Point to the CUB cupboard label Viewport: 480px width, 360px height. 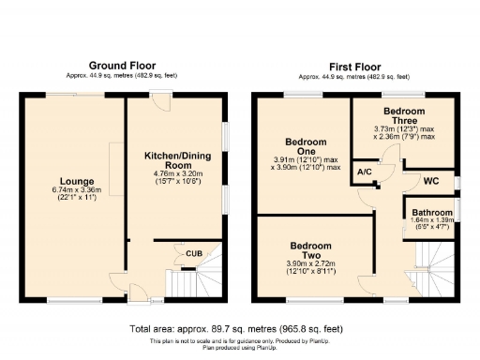tap(194, 254)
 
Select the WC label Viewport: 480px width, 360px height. tap(431, 179)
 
